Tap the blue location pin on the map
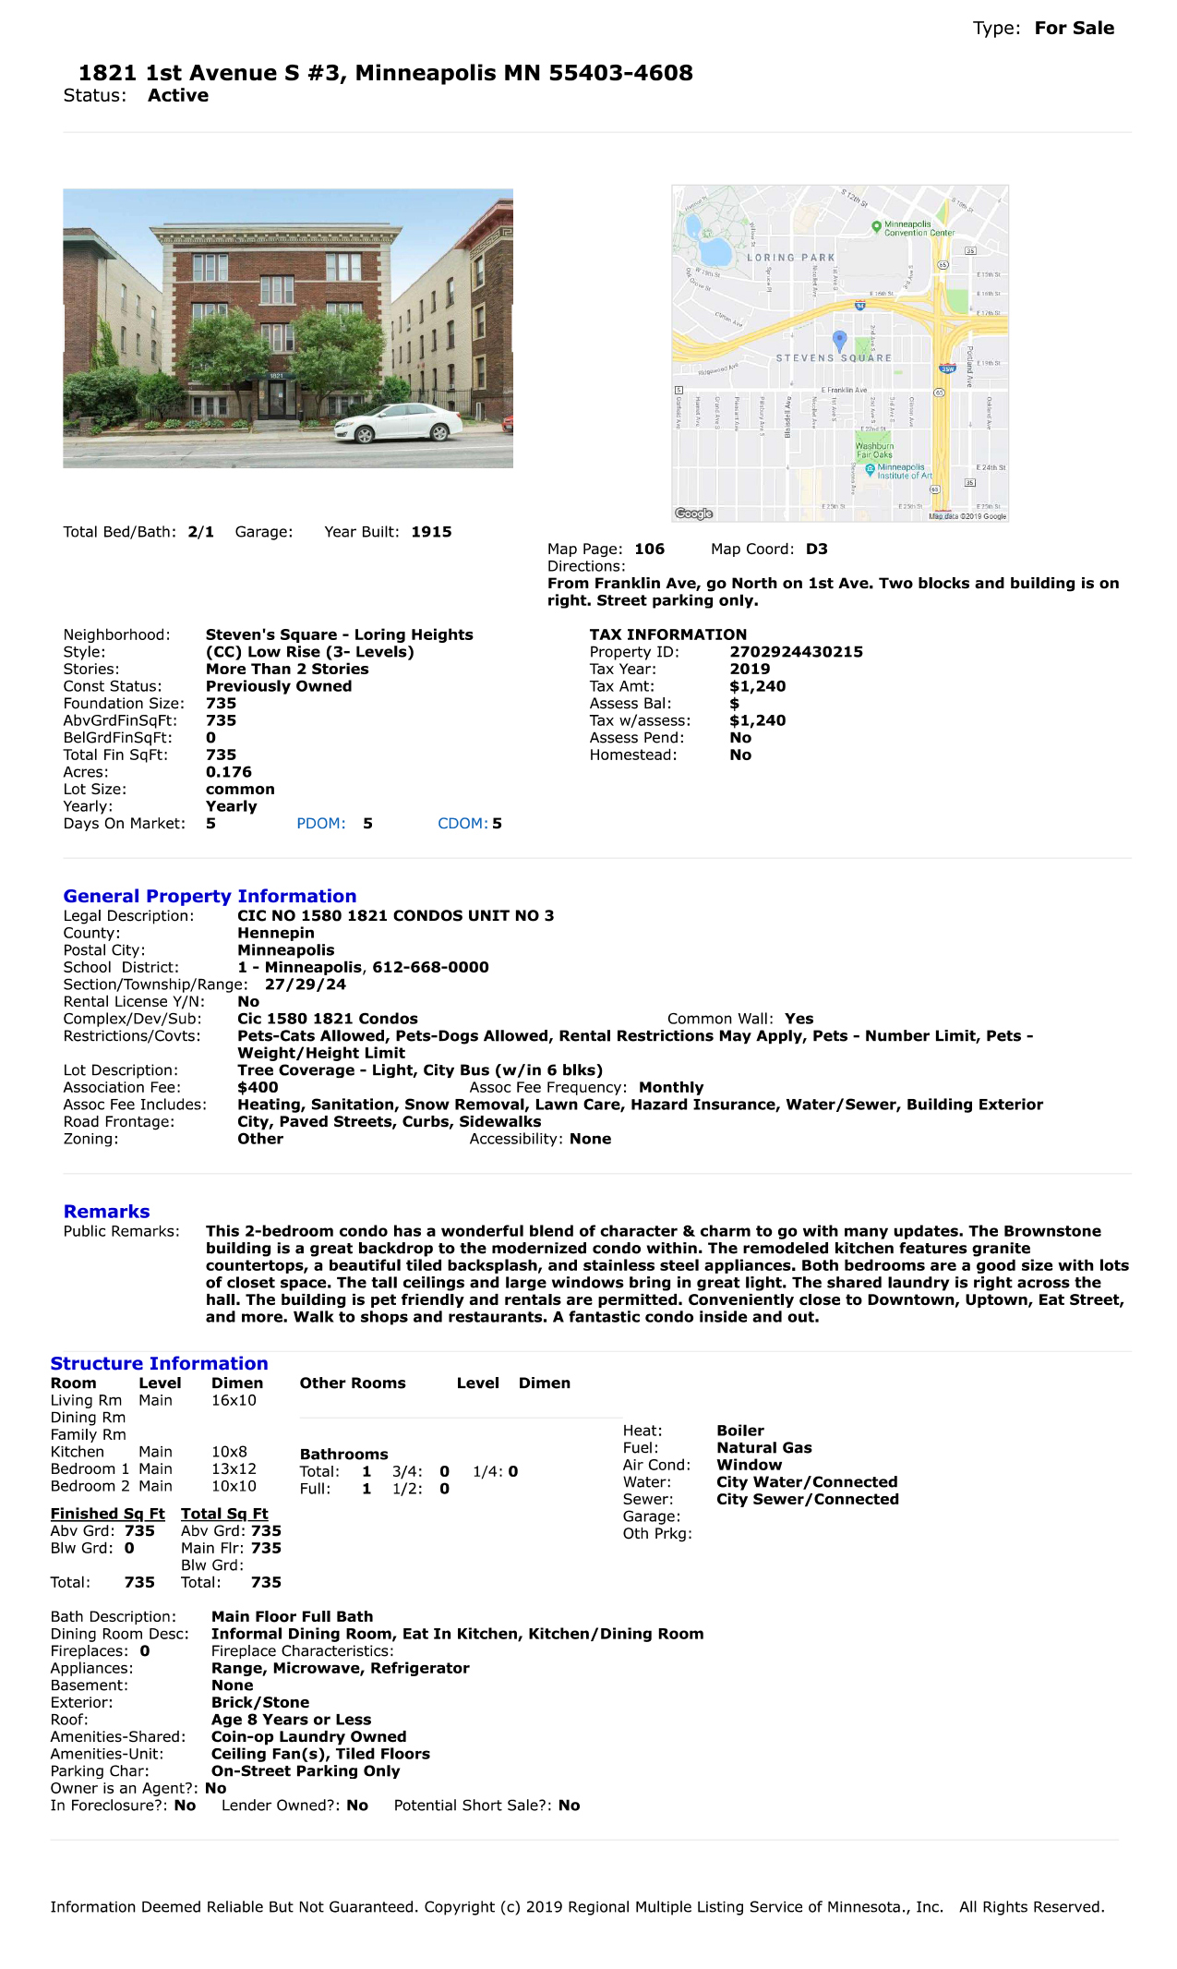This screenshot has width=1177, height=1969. tap(839, 340)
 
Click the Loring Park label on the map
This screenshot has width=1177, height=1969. tap(790, 258)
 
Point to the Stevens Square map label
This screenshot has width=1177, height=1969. tap(834, 357)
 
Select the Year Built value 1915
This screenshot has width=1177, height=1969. tap(431, 532)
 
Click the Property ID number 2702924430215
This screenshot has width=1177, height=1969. tap(796, 652)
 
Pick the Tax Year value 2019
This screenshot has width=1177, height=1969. tap(750, 669)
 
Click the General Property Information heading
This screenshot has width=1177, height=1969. tap(210, 896)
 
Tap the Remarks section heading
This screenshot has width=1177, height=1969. tap(106, 1212)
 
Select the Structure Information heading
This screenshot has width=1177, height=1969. tap(159, 1363)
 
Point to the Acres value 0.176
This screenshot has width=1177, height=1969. tap(228, 772)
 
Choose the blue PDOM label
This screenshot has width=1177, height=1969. tap(320, 824)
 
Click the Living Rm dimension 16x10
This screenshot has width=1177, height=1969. tap(234, 1400)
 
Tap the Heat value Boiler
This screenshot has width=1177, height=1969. tap(740, 1431)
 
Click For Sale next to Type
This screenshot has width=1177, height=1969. tap(1074, 28)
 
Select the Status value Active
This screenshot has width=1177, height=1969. tap(178, 96)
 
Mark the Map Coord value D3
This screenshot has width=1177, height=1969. tap(816, 550)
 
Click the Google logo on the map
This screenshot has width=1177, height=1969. tap(694, 513)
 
